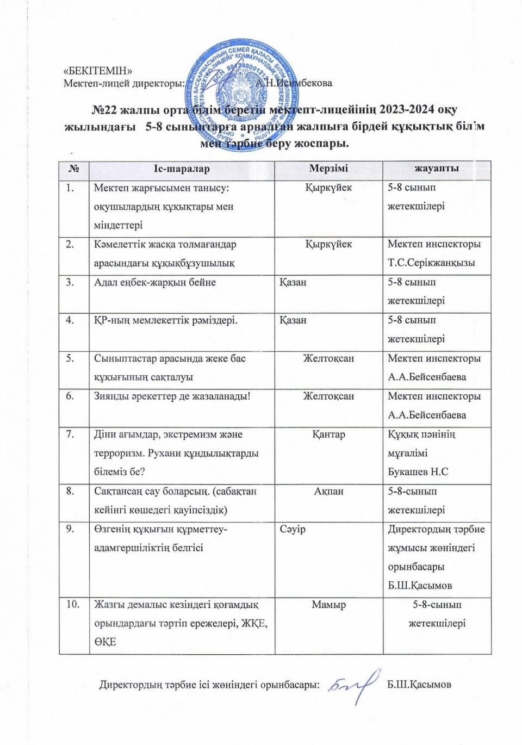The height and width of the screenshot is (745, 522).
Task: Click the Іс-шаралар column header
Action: coord(181,169)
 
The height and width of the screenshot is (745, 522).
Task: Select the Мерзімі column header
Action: coord(328,169)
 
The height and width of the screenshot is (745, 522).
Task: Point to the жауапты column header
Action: coord(437,169)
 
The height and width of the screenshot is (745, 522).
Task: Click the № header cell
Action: coord(73,169)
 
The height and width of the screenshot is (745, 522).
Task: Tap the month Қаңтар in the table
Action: coord(328,434)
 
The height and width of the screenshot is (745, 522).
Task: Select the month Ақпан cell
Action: coord(328,491)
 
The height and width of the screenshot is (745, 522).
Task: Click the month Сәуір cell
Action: coord(293,529)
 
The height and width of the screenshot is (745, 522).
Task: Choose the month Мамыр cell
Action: coord(328,604)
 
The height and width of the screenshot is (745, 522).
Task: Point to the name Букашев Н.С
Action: coord(418,471)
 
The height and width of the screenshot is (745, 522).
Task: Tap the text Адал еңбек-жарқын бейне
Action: coord(155,282)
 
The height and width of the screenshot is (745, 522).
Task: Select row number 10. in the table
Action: coord(72,604)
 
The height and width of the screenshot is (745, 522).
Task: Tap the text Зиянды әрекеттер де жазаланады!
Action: coord(172,396)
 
